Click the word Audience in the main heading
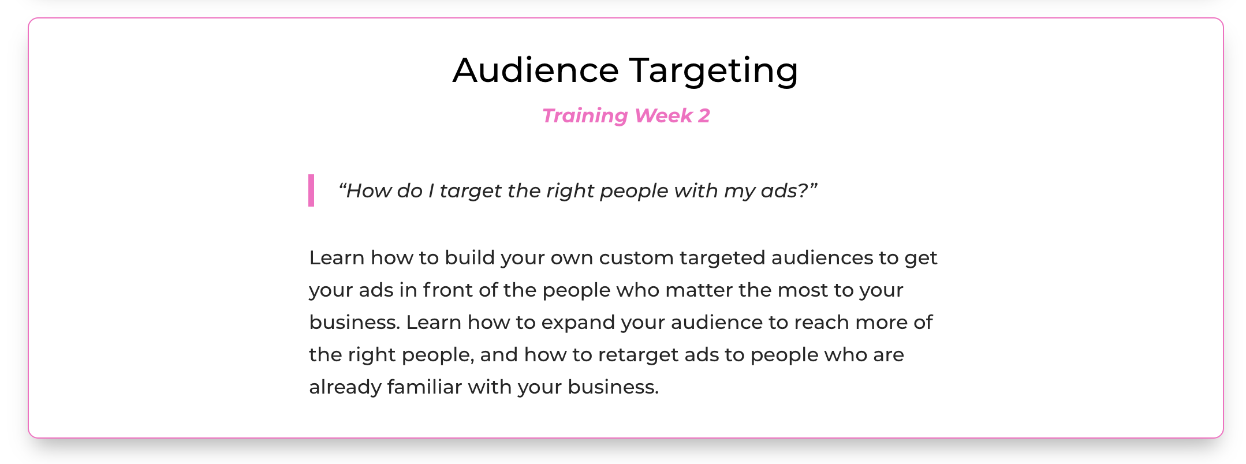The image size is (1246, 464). (536, 70)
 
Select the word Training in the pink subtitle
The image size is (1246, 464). (585, 116)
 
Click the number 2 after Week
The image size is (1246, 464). (704, 115)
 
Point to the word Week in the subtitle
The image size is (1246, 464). (663, 115)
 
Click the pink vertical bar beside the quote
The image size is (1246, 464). (311, 190)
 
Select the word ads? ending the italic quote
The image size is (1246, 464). (789, 190)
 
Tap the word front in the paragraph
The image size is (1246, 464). (447, 290)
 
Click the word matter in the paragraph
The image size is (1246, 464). (699, 290)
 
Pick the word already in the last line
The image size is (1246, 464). (345, 387)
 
